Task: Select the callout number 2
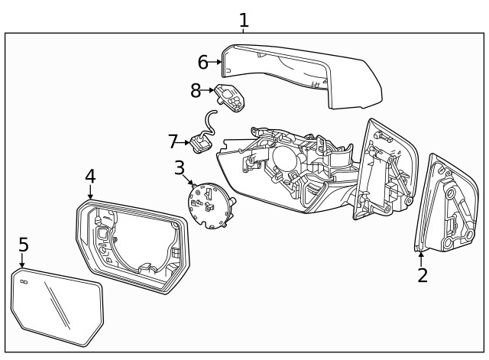coord(422,275)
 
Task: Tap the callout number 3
coord(180,167)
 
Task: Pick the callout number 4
coord(90,177)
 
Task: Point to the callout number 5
coord(24,245)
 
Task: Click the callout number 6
coord(202,61)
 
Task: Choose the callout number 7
coord(173,141)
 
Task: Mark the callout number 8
coord(196,90)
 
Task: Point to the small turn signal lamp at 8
coord(228,96)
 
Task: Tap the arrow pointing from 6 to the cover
coord(215,61)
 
